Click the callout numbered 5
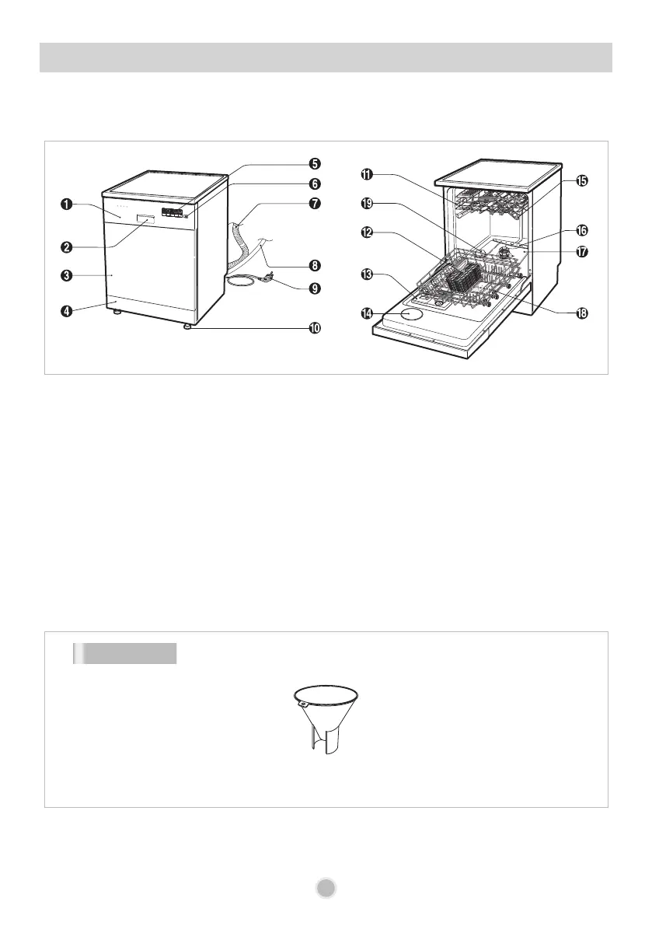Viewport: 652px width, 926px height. pos(314,164)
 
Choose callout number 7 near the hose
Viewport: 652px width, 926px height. pos(314,204)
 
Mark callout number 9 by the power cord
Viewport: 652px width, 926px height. pos(314,288)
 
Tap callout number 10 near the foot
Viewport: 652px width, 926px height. pos(314,328)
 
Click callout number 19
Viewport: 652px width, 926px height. pos(366,204)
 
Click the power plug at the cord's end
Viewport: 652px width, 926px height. pos(268,278)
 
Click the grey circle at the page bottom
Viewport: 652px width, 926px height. pos(326,889)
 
